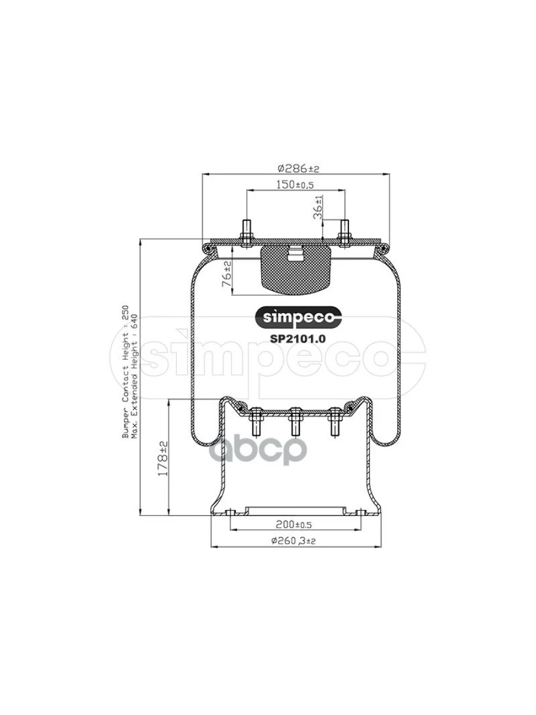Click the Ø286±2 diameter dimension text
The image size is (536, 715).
tap(298, 169)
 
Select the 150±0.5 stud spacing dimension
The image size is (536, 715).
tap(295, 185)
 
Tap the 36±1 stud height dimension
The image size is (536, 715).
tap(319, 207)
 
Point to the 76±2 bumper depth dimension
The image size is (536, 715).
tap(226, 273)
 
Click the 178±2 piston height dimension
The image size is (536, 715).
tap(163, 458)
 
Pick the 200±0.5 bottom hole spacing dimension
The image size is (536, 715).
tap(294, 524)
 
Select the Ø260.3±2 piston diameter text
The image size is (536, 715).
tap(293, 541)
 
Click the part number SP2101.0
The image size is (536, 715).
tap(298, 339)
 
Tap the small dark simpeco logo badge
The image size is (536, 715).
tap(298, 317)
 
